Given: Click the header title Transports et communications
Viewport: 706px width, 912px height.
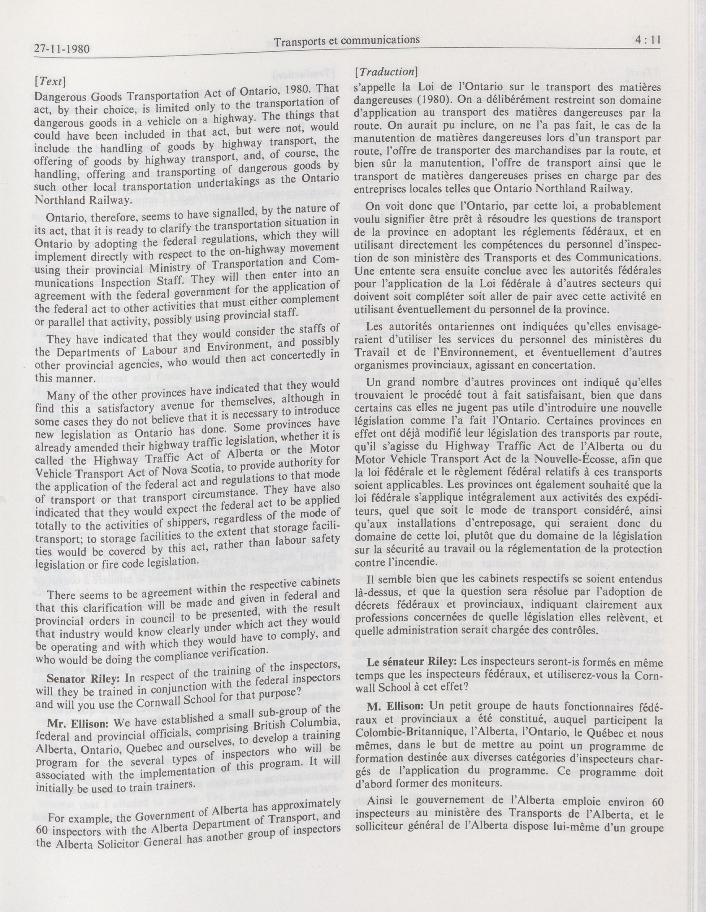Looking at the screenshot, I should pos(347,41).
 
